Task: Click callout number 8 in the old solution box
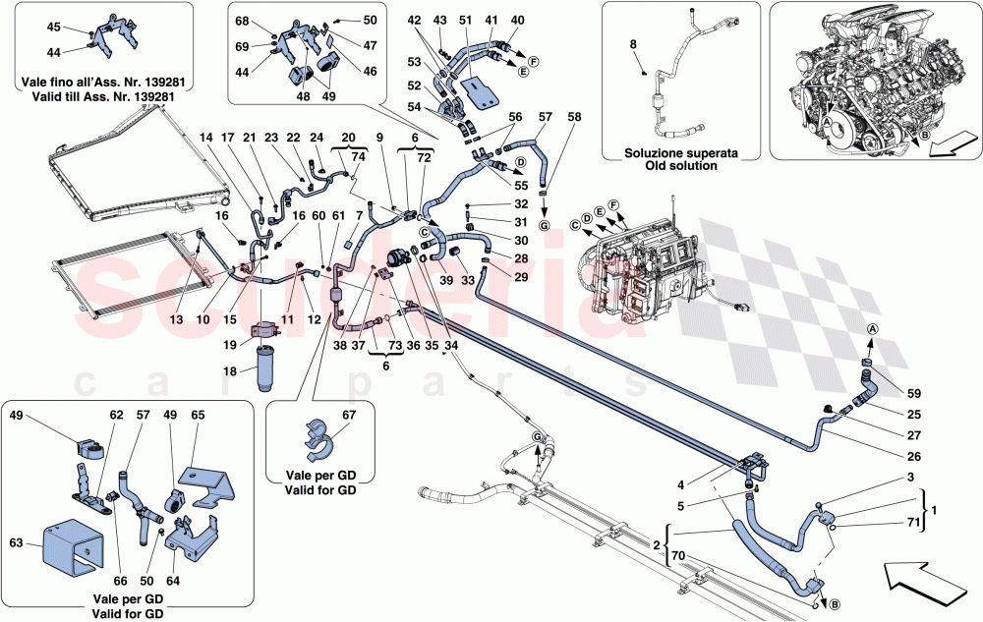[633, 44]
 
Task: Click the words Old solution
[671, 166]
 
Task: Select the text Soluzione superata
[671, 153]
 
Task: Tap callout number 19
[229, 345]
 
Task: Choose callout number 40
[518, 21]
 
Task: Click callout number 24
[317, 138]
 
